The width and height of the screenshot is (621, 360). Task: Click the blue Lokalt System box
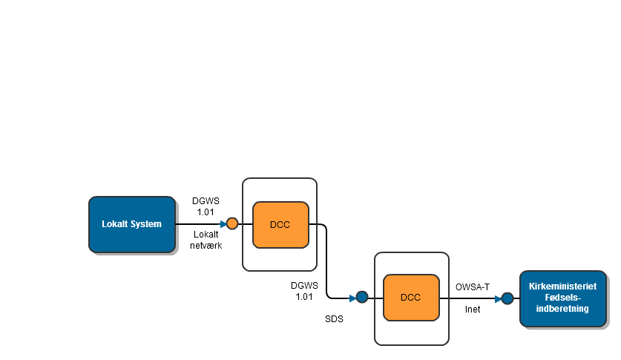pyautogui.click(x=132, y=223)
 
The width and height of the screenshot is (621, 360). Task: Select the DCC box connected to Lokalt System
pyautogui.click(x=280, y=224)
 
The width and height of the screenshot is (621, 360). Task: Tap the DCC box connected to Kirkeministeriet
pyautogui.click(x=410, y=298)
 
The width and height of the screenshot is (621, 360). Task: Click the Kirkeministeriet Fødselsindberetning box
pyautogui.click(x=562, y=298)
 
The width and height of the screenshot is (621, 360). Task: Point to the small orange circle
pyautogui.click(x=232, y=223)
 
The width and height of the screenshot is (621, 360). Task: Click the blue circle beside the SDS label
pyautogui.click(x=362, y=298)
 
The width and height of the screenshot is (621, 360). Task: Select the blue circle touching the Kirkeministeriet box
pyautogui.click(x=507, y=298)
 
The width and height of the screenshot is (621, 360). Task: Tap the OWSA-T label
pyautogui.click(x=473, y=287)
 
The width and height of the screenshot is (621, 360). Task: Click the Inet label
pyautogui.click(x=473, y=310)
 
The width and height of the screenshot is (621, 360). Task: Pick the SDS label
pyautogui.click(x=334, y=319)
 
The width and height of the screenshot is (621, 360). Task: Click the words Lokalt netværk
pyautogui.click(x=206, y=240)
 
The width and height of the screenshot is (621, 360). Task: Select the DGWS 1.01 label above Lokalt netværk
pyautogui.click(x=206, y=206)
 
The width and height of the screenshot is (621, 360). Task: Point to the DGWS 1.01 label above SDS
pyautogui.click(x=304, y=290)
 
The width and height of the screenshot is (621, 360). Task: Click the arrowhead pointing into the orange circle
pyautogui.click(x=223, y=223)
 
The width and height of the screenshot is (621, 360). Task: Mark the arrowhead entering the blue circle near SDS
pyautogui.click(x=352, y=298)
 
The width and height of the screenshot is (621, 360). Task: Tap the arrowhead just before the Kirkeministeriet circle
pyautogui.click(x=499, y=298)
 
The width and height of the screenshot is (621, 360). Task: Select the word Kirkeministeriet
pyautogui.click(x=562, y=287)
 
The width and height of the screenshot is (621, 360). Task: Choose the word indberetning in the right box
pyautogui.click(x=562, y=309)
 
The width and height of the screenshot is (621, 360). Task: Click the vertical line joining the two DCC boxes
pyautogui.click(x=327, y=260)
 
